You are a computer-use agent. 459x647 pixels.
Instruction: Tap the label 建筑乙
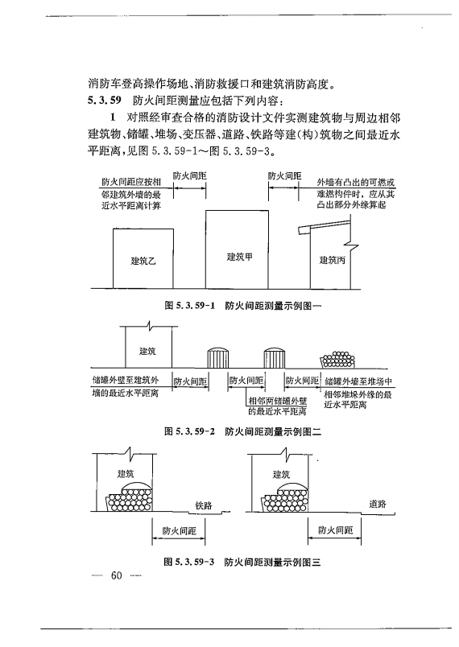pos(143,261)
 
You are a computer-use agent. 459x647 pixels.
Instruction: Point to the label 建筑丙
pos(333,260)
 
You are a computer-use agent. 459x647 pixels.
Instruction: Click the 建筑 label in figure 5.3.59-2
pos(147,352)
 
